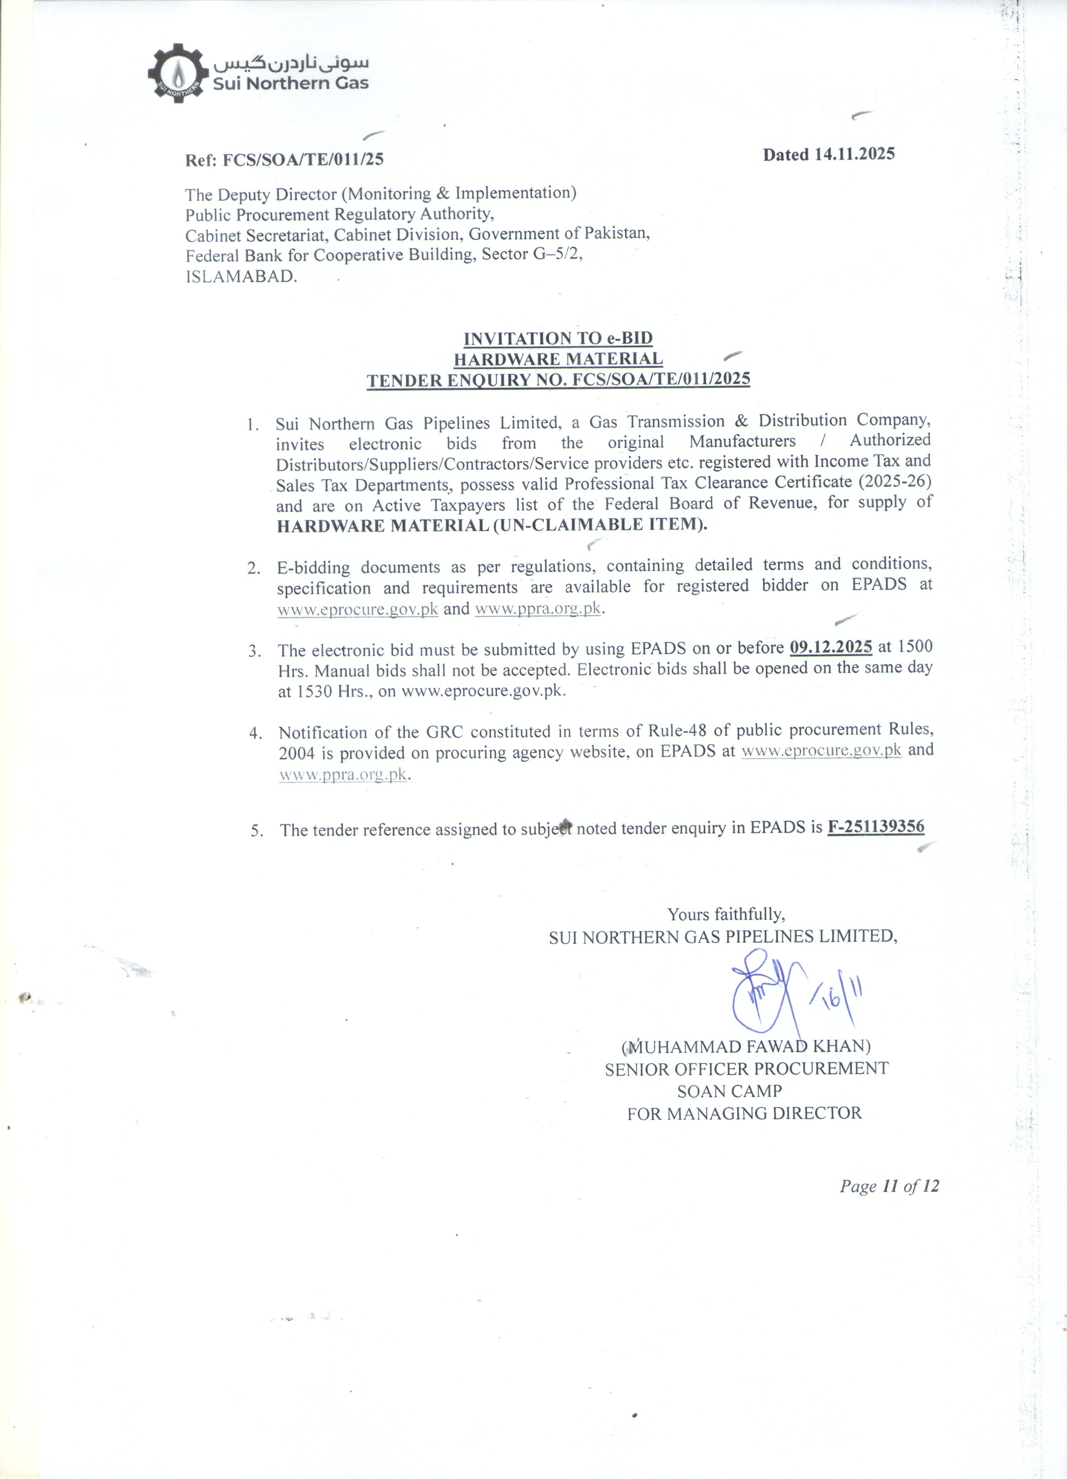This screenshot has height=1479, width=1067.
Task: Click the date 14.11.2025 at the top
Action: (854, 154)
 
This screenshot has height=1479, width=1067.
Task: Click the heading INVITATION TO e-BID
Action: (558, 339)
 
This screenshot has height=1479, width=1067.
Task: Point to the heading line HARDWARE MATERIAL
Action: (558, 358)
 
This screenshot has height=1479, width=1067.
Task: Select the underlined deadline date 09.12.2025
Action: (831, 647)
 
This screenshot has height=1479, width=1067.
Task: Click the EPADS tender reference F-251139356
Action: (876, 826)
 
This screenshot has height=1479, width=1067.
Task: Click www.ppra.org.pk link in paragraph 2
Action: (537, 609)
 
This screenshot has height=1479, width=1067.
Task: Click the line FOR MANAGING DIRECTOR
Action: (744, 1113)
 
